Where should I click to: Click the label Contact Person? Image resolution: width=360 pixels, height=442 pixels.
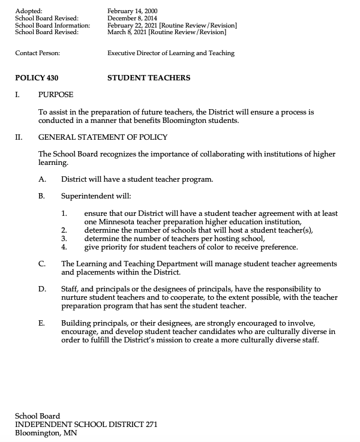[x=37, y=53]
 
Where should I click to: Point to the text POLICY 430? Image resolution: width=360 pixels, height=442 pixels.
[x=37, y=77]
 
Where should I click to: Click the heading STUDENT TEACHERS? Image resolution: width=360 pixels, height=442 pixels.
[x=149, y=77]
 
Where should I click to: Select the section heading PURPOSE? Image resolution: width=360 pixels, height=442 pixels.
[x=56, y=95]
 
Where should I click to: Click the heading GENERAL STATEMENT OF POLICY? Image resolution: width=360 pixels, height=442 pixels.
[x=103, y=137]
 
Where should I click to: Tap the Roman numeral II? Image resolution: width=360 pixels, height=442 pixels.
[x=18, y=137]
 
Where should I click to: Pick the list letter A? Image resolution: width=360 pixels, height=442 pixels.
[x=41, y=179]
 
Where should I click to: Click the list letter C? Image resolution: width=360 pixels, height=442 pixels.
[x=41, y=263]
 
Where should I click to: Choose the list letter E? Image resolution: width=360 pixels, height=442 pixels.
[x=41, y=322]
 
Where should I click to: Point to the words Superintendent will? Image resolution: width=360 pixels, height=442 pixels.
[x=96, y=196]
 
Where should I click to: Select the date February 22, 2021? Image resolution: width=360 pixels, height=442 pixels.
[x=132, y=25]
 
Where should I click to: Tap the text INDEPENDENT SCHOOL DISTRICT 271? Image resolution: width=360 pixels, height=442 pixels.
[x=86, y=424]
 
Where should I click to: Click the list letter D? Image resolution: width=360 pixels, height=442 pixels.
[x=41, y=288]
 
